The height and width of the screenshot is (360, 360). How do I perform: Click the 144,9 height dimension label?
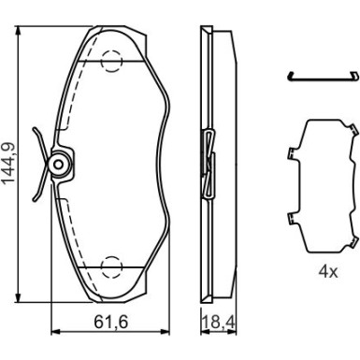point(9,163)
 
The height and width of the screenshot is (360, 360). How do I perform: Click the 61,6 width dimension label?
point(111,322)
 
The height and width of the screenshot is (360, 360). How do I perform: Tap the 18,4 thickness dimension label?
point(219,322)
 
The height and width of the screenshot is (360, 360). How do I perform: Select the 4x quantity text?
point(327,272)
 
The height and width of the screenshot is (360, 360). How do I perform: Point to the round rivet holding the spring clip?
point(59,165)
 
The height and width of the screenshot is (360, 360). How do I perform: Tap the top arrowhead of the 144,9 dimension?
point(20,31)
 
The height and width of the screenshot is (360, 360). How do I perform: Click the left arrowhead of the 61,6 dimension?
point(55,332)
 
